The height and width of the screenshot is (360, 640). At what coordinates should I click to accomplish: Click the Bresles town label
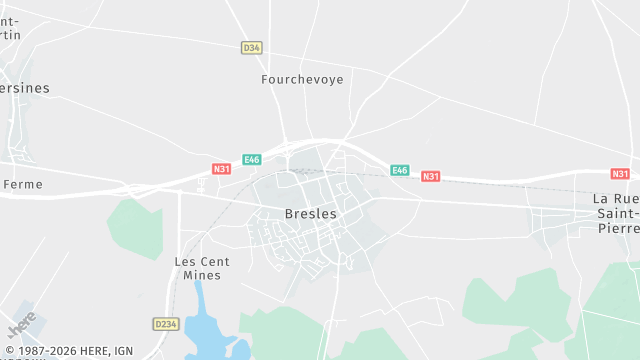(311, 214)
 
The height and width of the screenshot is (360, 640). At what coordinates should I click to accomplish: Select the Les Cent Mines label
(202, 269)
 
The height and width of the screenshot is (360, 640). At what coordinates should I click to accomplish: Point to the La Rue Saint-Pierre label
(614, 213)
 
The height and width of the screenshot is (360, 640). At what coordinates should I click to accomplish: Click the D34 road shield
(251, 47)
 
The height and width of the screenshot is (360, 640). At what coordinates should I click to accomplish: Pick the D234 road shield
(165, 324)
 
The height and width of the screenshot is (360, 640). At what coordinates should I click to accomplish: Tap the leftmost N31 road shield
(222, 169)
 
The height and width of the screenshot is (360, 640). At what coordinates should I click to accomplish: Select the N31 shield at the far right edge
(620, 173)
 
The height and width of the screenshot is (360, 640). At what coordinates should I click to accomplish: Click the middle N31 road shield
(430, 176)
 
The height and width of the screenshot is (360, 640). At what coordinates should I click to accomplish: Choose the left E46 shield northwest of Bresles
(252, 159)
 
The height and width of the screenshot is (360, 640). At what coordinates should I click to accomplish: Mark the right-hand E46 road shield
(400, 170)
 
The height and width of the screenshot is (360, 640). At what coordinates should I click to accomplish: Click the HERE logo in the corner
(21, 325)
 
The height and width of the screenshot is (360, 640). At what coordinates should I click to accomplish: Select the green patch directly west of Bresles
(134, 226)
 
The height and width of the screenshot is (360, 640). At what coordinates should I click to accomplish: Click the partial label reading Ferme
(23, 184)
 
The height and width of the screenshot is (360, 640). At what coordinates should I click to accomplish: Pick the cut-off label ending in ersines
(24, 88)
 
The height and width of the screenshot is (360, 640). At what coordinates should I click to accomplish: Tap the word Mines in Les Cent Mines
(202, 276)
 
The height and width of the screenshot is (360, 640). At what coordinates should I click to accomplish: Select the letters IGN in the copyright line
(123, 350)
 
